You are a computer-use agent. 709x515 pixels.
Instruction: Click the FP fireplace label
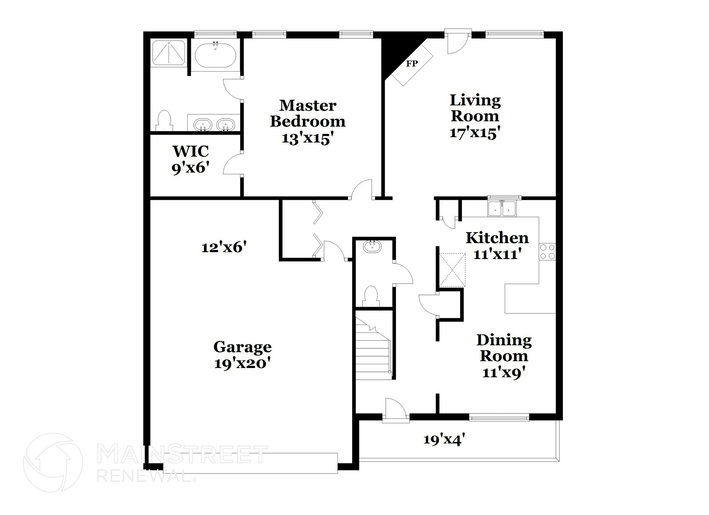click(412, 64)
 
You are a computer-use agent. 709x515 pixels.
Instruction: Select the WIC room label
click(190, 151)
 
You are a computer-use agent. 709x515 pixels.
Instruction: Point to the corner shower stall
click(169, 53)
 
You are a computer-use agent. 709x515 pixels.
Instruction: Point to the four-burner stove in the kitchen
click(547, 252)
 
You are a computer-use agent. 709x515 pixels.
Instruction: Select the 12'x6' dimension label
click(224, 248)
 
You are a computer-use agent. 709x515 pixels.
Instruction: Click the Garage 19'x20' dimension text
click(242, 364)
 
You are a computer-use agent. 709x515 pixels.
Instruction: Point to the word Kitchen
click(497, 238)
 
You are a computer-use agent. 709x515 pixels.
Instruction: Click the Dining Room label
click(504, 348)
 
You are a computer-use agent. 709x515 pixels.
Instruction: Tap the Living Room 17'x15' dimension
click(475, 133)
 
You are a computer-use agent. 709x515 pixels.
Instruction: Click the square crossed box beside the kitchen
click(452, 270)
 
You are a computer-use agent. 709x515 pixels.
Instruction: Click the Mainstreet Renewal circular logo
click(53, 462)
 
